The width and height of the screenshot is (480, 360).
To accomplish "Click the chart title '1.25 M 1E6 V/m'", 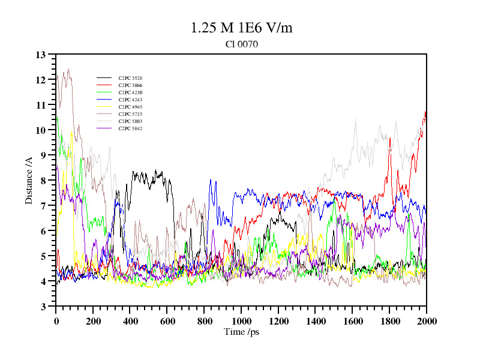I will pyautogui.click(x=241, y=28).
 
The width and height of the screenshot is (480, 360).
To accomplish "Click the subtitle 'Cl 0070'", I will pyautogui.click(x=241, y=44).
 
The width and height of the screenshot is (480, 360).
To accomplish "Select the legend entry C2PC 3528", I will pyautogui.click(x=130, y=78).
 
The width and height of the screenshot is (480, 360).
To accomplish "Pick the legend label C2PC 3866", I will pyautogui.click(x=130, y=85).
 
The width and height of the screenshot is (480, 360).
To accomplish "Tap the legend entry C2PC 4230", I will pyautogui.click(x=130, y=92).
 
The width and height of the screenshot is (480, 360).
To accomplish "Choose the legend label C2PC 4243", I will pyautogui.click(x=130, y=100).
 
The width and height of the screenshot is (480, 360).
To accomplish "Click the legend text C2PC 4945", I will pyautogui.click(x=130, y=107).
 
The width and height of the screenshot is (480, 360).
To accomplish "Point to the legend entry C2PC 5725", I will pyautogui.click(x=130, y=114).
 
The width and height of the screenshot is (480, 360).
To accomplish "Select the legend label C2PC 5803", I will pyautogui.click(x=130, y=121).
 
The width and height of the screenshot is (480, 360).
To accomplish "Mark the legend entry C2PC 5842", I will pyautogui.click(x=130, y=128).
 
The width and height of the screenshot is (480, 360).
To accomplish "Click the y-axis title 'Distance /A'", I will pyautogui.click(x=29, y=180).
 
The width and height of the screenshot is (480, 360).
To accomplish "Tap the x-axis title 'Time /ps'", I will pyautogui.click(x=241, y=331).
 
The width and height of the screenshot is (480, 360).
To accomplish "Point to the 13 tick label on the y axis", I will pyautogui.click(x=41, y=55).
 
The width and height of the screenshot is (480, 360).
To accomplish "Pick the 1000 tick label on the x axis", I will pyautogui.click(x=241, y=320).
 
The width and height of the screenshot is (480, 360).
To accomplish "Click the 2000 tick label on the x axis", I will pyautogui.click(x=426, y=320).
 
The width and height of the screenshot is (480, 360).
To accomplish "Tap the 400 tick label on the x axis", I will pyautogui.click(x=130, y=320).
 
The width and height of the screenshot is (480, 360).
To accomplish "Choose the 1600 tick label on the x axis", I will pyautogui.click(x=352, y=320).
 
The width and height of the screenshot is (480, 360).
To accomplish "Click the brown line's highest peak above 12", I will pyautogui.click(x=68, y=69).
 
